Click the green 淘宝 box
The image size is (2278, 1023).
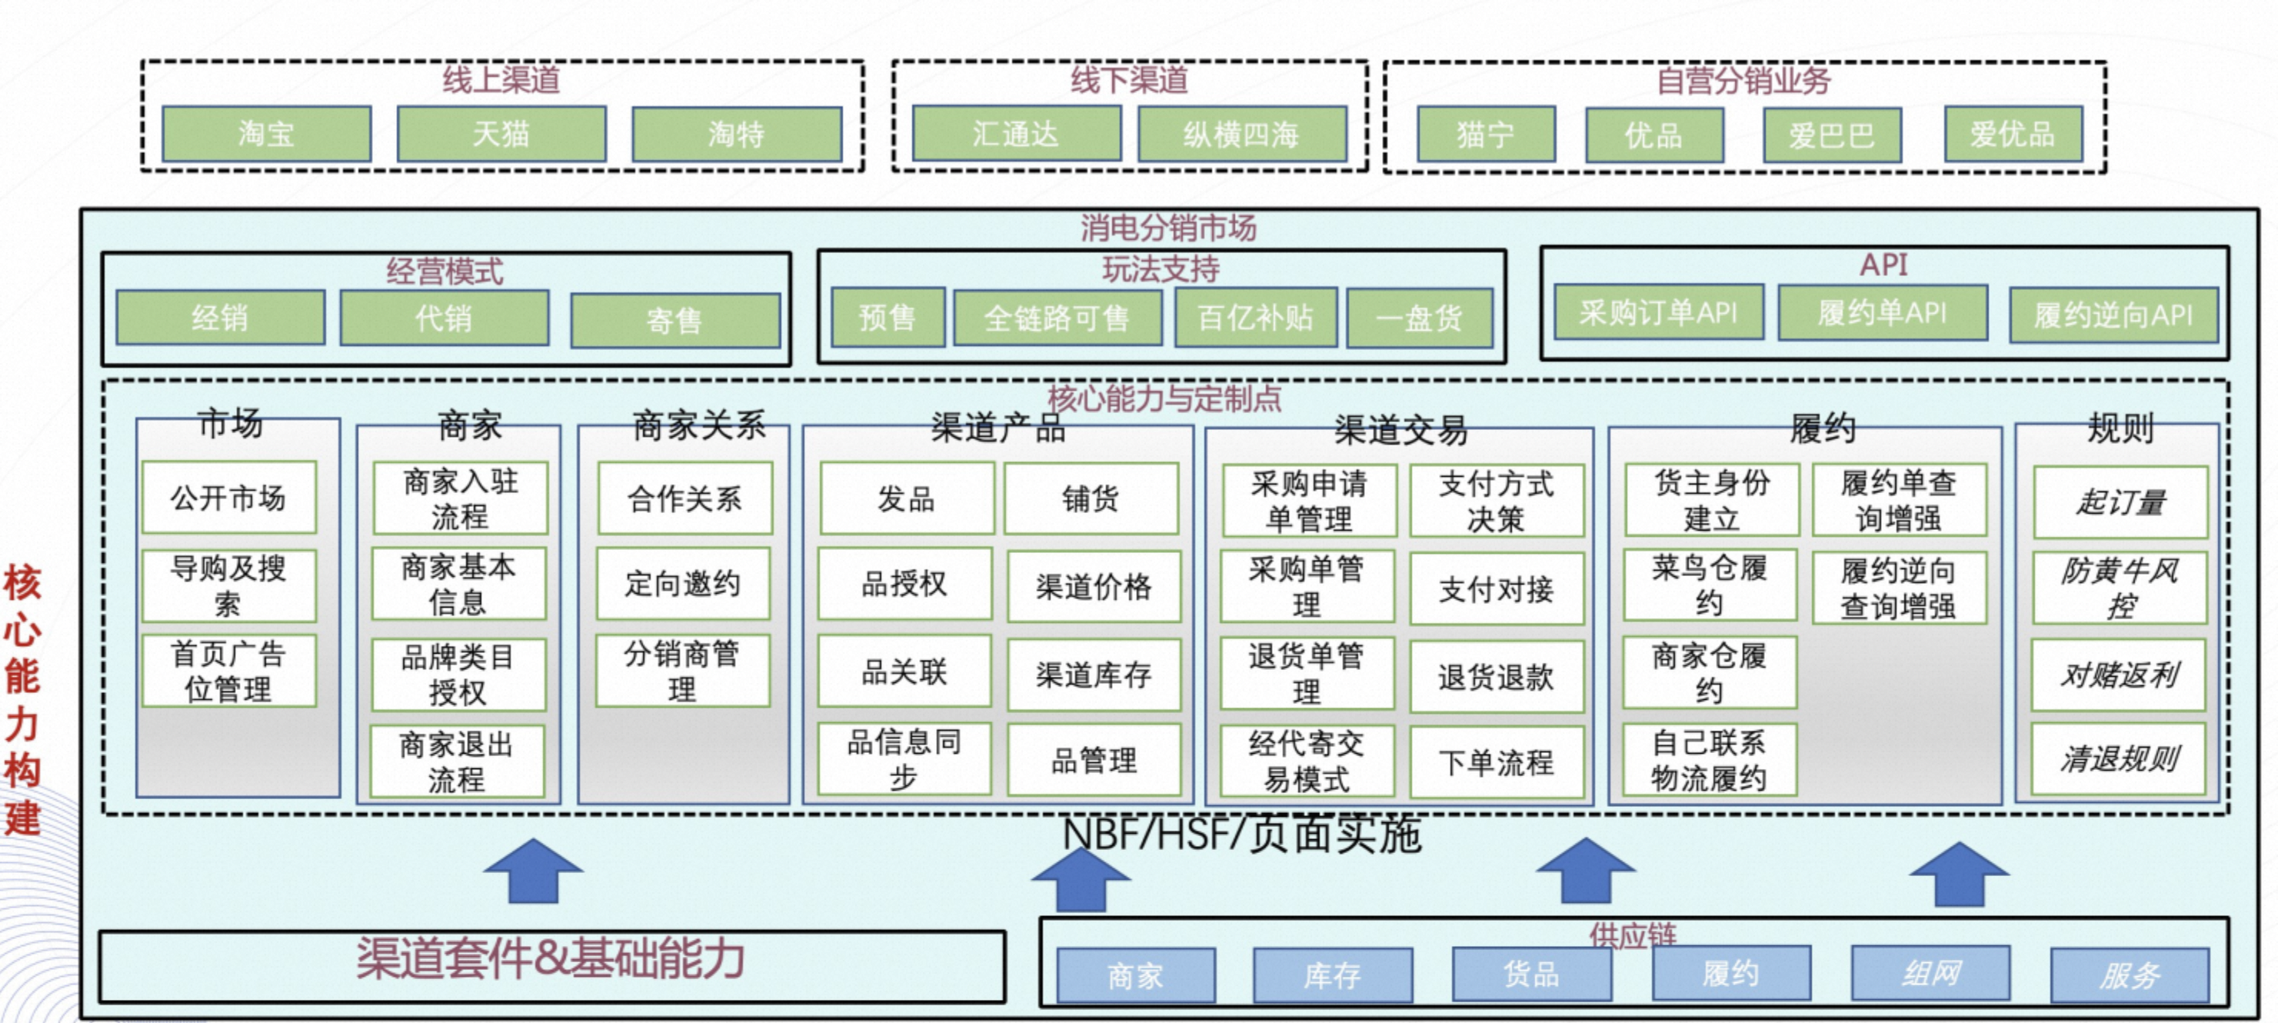tap(266, 135)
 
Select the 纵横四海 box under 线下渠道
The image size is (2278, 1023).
tap(1241, 135)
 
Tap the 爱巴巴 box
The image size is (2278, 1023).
tap(1831, 135)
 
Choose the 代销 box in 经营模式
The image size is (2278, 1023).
tap(444, 318)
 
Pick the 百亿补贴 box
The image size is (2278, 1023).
tap(1255, 318)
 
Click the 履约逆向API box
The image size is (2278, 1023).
tap(2113, 315)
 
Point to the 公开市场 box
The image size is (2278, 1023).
tap(228, 498)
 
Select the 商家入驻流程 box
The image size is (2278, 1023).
tap(460, 498)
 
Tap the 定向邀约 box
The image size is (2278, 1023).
tap(683, 584)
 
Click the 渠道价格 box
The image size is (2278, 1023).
tap(1094, 586)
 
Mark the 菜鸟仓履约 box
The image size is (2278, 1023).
tap(1710, 585)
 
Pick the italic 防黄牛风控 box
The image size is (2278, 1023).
tap(2120, 588)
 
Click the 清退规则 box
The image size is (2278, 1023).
tap(2119, 758)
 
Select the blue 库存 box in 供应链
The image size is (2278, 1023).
tap(1332, 975)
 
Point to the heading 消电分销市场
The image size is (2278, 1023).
tap(1168, 228)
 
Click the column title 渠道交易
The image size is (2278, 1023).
tap(1400, 431)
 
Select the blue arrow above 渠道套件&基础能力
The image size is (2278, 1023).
tap(533, 871)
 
